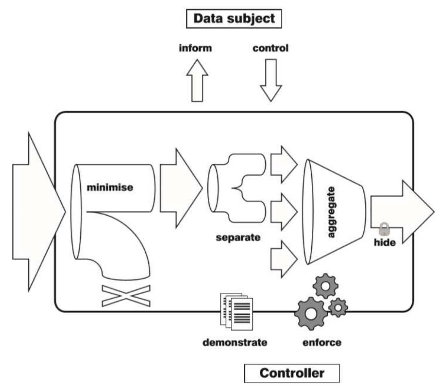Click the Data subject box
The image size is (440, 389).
pos(234,19)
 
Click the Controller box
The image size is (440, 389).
pos(292,373)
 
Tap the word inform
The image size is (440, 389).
pos(195,48)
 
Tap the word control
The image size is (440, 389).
pos(270,48)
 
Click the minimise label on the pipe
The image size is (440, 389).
pos(110,188)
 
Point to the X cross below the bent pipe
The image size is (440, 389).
pos(126,296)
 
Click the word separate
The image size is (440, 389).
pos(238,238)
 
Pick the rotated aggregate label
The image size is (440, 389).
pos(331,212)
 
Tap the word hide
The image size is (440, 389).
pos(385,242)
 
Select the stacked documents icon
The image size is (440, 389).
pos(237,311)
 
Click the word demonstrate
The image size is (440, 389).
pos(235,342)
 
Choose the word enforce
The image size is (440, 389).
pos(322,342)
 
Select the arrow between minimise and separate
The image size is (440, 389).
pos(180,188)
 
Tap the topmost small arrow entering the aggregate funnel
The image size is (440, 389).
pos(283,164)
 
